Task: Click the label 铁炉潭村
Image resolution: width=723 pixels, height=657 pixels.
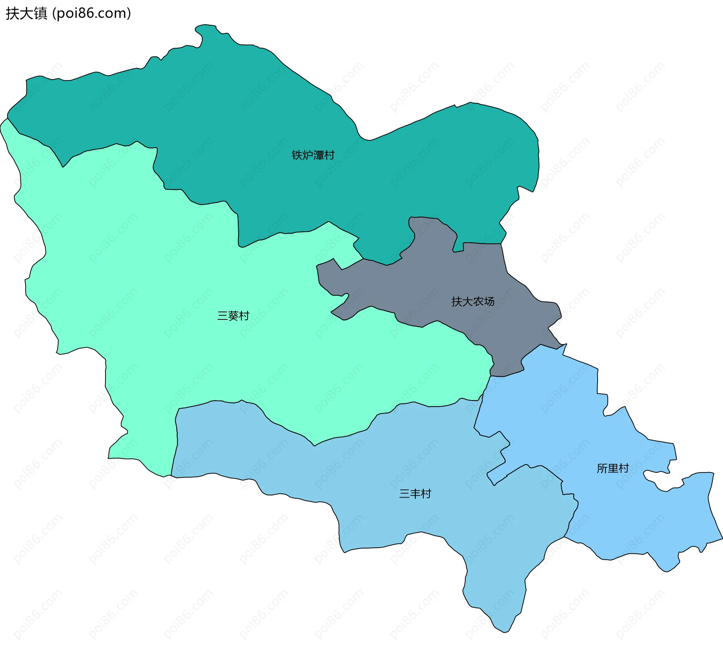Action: [x=313, y=155]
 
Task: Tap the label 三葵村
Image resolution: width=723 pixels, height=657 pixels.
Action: [x=233, y=316]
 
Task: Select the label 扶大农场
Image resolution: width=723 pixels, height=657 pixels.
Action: [x=473, y=301]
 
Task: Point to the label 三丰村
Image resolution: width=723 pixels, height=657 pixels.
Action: [x=415, y=494]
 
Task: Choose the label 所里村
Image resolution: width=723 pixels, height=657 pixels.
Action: [x=613, y=468]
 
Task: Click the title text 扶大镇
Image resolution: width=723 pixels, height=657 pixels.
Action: [x=26, y=14]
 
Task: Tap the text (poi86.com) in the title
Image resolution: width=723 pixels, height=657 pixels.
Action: [x=92, y=14]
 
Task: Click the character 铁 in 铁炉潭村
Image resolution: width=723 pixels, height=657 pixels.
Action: [x=297, y=155]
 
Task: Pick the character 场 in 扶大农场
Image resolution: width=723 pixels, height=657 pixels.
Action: [x=489, y=301]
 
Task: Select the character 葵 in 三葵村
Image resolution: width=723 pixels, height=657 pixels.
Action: [x=233, y=316]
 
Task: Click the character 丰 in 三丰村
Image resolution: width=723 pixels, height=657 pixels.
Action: [x=415, y=494]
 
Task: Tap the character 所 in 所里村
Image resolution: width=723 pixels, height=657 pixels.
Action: [x=602, y=468]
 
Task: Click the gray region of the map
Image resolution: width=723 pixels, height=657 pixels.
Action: [x=433, y=286]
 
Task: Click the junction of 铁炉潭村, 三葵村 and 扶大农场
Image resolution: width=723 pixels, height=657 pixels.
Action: [x=363, y=259]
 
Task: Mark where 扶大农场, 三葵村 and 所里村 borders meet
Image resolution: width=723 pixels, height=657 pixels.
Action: [x=490, y=376]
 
